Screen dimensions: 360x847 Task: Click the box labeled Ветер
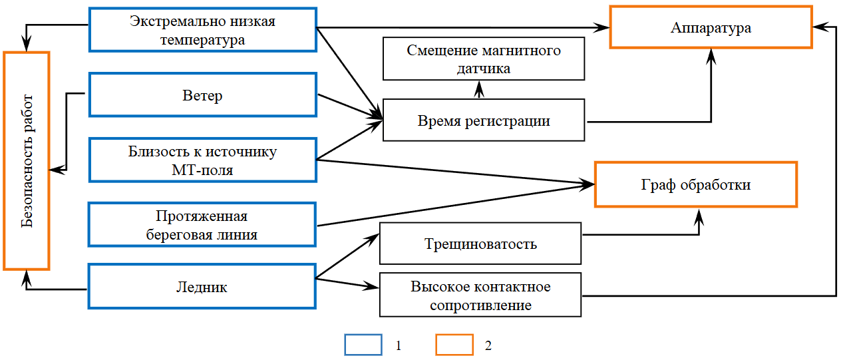pos(202,95)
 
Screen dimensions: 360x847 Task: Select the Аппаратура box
pos(711,27)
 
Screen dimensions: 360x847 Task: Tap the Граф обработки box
pos(695,184)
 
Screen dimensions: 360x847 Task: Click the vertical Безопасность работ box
pos(27,160)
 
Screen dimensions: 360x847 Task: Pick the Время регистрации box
pos(483,120)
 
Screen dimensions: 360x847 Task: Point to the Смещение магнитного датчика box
pos(483,59)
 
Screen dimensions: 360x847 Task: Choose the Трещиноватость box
pos(480,244)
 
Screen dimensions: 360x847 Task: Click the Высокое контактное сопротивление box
pos(480,296)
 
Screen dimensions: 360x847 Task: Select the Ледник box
pos(202,287)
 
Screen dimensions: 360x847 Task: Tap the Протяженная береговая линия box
pos(202,225)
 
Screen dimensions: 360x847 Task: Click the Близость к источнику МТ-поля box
pos(202,160)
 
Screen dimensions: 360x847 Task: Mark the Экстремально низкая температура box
pos(202,30)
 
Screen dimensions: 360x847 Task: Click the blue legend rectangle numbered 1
pos(363,345)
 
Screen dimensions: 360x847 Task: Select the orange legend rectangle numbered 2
pos(454,345)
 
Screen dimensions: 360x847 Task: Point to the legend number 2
pos(488,346)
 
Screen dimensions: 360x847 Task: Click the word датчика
pos(483,69)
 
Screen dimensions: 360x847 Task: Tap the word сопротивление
pos(480,306)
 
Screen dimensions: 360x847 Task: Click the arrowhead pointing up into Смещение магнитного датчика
pos(478,86)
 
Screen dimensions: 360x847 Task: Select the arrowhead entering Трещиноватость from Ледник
pos(373,237)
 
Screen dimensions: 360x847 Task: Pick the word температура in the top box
pos(202,40)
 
